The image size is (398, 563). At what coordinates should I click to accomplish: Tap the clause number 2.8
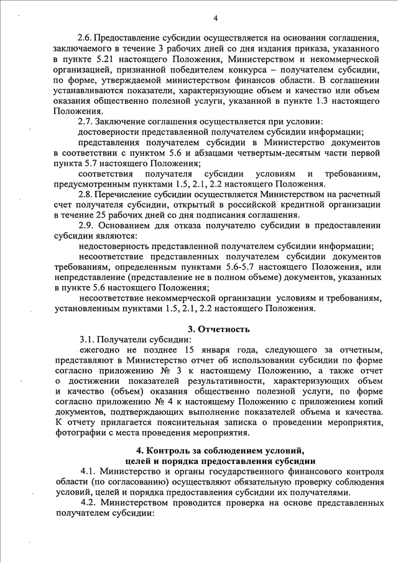click(x=86, y=194)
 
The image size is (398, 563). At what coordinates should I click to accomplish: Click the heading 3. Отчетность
click(x=219, y=329)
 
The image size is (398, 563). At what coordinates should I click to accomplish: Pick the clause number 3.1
click(x=87, y=340)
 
